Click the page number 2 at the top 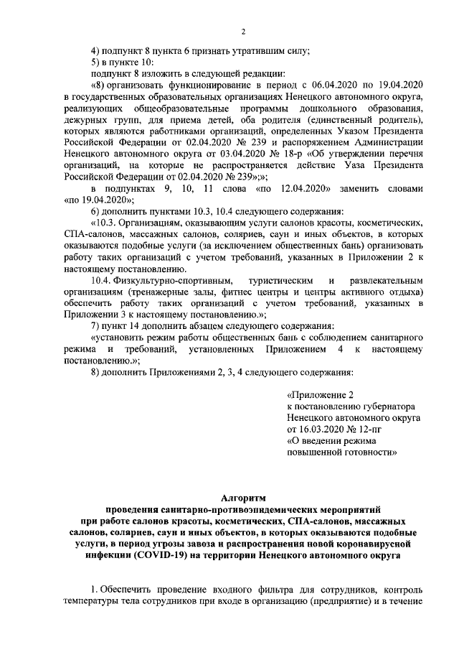[x=243, y=32]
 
